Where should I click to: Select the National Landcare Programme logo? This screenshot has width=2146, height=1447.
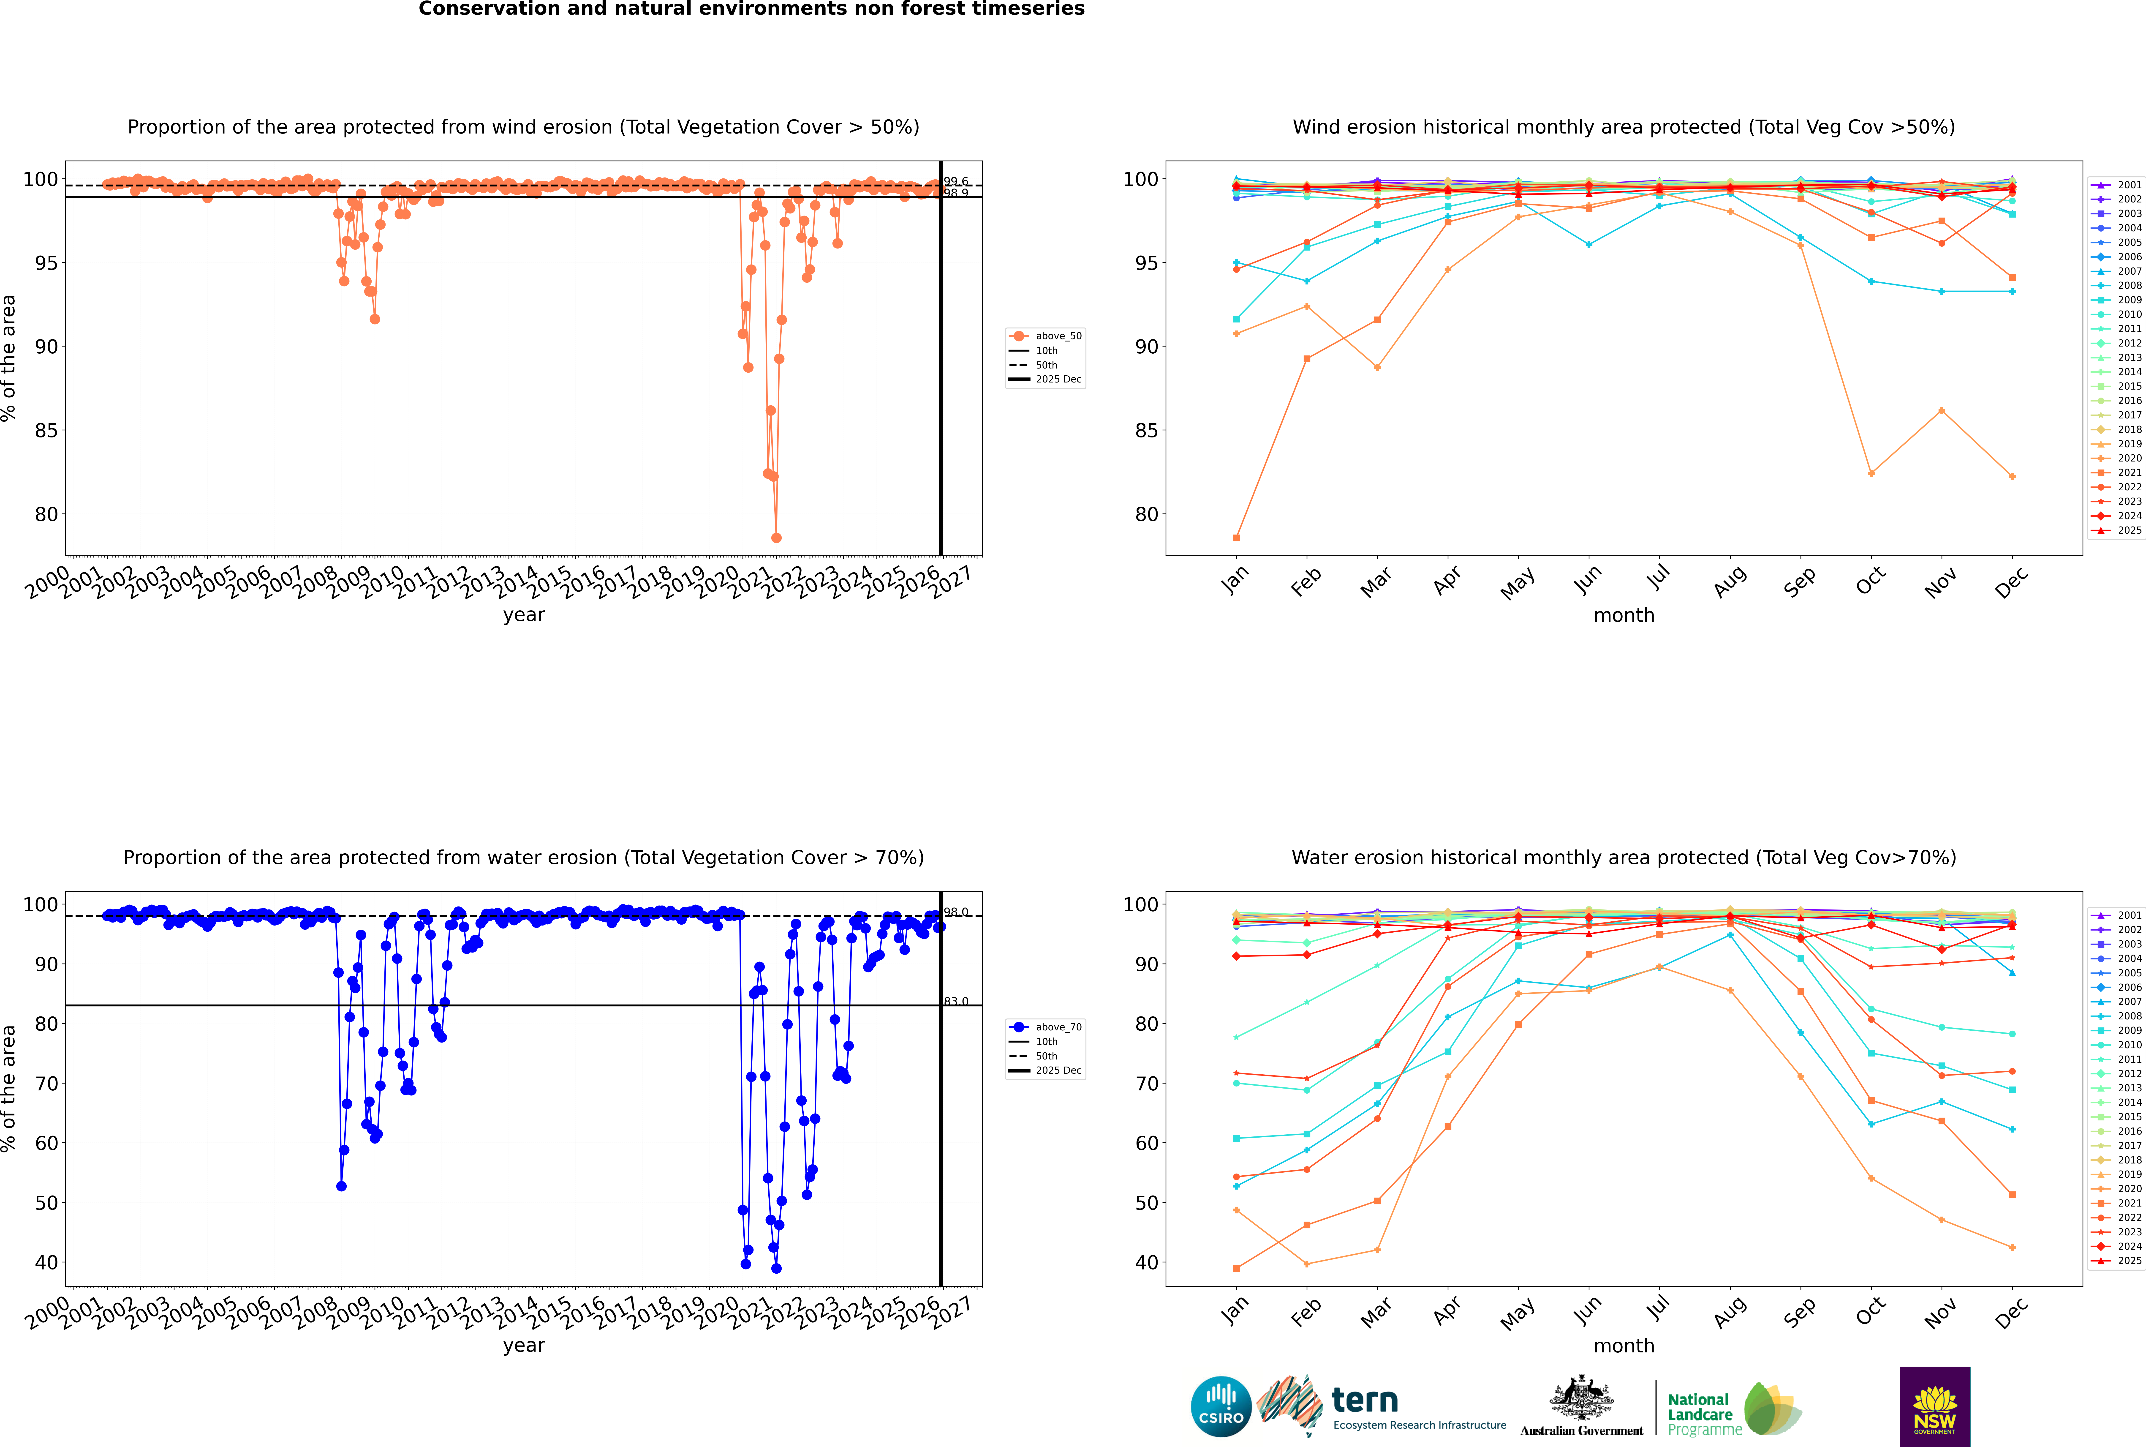pos(1733,1409)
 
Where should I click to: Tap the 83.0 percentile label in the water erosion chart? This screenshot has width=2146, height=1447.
pos(956,1001)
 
